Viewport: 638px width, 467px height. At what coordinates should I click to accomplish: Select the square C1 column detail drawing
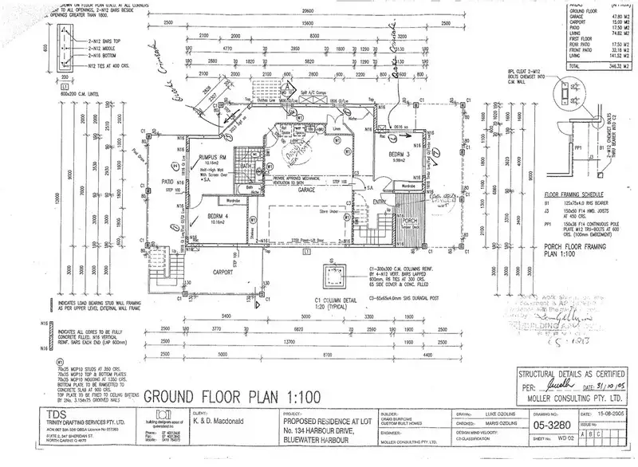click(x=328, y=277)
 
